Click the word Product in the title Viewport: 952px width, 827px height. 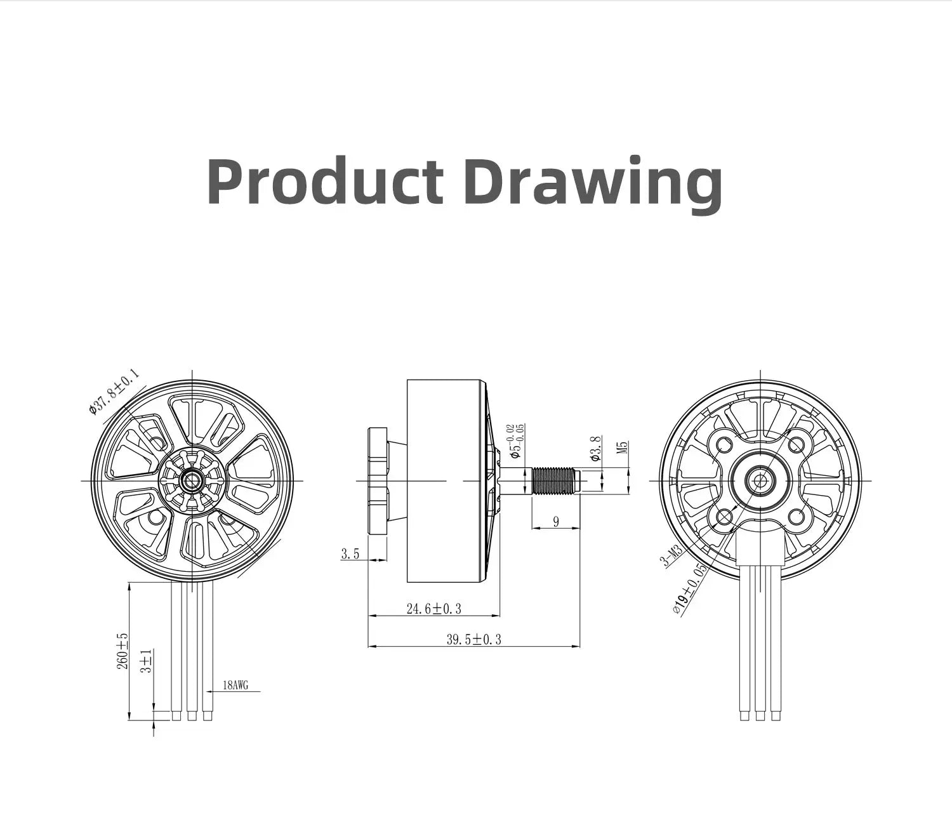click(324, 183)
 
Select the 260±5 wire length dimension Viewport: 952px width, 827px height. click(122, 651)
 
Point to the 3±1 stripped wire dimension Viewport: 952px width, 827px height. click(147, 661)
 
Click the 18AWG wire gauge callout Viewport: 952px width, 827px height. click(235, 685)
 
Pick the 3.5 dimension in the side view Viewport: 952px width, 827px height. click(350, 554)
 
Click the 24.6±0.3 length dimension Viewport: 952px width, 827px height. click(433, 609)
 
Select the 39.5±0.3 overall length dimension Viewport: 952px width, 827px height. click(473, 640)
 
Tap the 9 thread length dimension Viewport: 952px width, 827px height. click(556, 522)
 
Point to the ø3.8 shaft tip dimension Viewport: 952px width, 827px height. click(595, 448)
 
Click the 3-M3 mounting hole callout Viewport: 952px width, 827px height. click(671, 557)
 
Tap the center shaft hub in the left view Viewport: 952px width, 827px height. click(191, 481)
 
